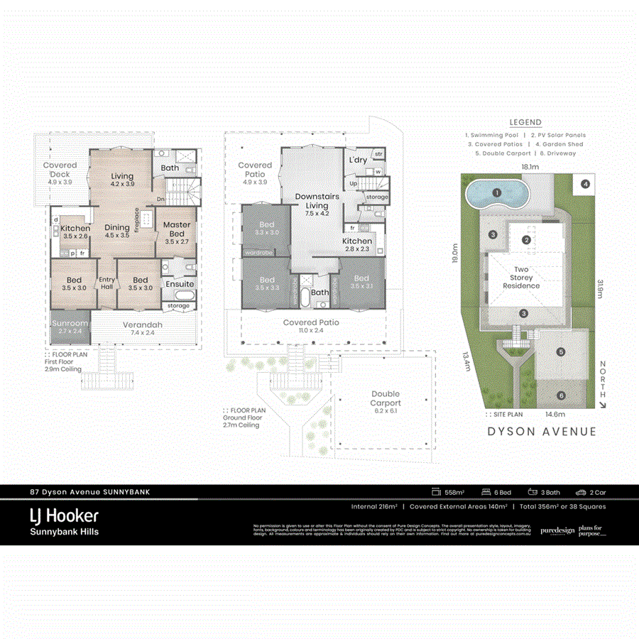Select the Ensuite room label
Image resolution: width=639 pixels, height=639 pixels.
click(x=180, y=284)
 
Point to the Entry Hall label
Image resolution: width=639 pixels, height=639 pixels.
click(x=106, y=283)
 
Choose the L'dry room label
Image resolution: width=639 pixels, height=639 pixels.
click(x=358, y=160)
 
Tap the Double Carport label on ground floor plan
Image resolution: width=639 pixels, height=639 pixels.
click(x=386, y=398)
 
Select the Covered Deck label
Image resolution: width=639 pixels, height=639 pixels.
click(x=60, y=169)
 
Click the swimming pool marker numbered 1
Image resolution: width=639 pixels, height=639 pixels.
click(x=498, y=192)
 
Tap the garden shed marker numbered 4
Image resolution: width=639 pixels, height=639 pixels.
click(x=585, y=184)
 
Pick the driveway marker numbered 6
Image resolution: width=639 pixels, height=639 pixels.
click(x=561, y=395)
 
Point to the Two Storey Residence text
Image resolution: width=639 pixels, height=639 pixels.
click(x=521, y=278)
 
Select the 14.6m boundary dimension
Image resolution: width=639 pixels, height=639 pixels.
click(x=555, y=414)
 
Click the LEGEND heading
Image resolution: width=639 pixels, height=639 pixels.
click(x=525, y=123)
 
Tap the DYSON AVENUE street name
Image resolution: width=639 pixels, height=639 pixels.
click(x=541, y=431)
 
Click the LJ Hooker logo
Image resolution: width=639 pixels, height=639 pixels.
click(x=64, y=515)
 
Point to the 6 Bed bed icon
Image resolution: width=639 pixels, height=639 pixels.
click(x=486, y=491)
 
